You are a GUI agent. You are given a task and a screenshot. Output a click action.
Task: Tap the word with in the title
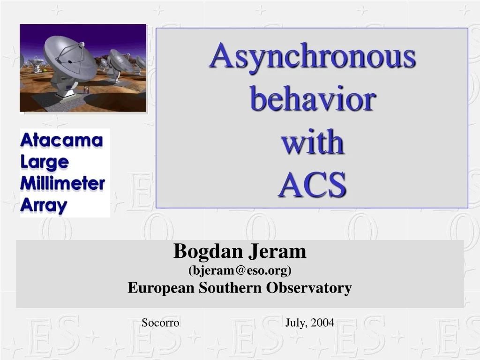[312, 142]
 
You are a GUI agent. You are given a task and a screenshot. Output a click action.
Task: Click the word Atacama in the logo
[61, 141]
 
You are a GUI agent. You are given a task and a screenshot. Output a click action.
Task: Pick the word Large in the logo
[45, 162]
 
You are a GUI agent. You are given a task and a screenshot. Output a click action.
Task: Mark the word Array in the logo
[44, 205]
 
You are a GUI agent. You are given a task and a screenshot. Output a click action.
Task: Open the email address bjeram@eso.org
[240, 270]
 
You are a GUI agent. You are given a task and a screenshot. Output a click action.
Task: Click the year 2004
[322, 322]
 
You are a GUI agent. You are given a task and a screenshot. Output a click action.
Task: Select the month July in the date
[296, 322]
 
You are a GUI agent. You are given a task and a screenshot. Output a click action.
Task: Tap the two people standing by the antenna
[85, 90]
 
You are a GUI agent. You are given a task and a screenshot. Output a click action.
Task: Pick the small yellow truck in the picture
[44, 70]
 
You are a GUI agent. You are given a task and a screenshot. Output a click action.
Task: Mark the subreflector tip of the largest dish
[81, 45]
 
